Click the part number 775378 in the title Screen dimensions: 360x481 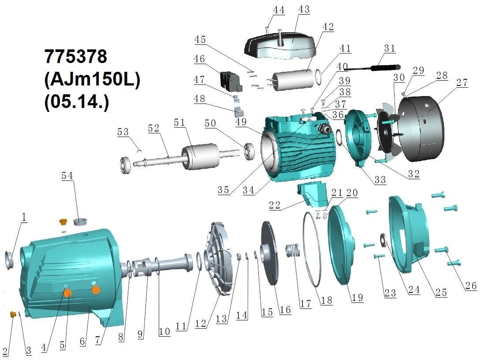(x=76, y=57)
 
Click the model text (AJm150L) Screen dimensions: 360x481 (x=92, y=80)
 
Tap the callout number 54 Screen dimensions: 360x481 (x=67, y=176)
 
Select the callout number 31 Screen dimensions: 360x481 (x=389, y=48)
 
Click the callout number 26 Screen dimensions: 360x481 (x=470, y=286)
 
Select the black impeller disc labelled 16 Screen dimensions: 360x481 (x=270, y=254)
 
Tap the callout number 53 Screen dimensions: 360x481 (x=123, y=132)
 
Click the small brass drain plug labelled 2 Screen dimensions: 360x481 (x=13, y=314)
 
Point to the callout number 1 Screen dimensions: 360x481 (x=24, y=216)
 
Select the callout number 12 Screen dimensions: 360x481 (x=200, y=324)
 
